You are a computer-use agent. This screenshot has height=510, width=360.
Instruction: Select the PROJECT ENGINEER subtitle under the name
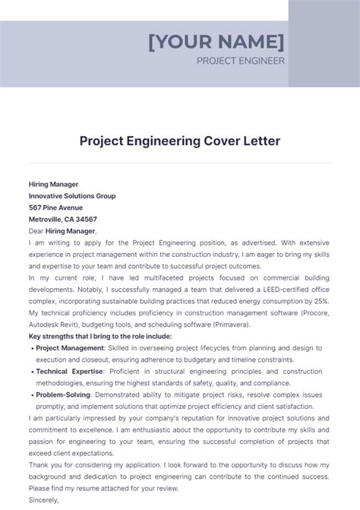tap(241, 61)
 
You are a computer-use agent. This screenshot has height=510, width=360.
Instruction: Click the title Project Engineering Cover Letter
tap(180, 141)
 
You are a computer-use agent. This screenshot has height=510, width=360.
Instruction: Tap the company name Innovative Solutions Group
tap(72, 196)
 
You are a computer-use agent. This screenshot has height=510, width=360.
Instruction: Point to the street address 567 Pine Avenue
tap(55, 207)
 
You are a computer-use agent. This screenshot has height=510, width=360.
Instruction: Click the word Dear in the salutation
tap(36, 231)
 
